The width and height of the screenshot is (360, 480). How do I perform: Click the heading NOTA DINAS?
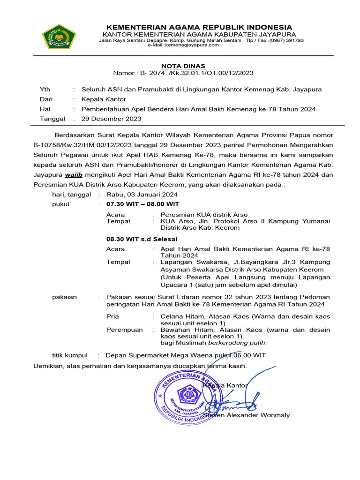coord(183,66)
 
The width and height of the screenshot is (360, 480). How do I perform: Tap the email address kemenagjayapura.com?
coord(186,45)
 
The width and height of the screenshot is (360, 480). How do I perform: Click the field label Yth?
coord(45,90)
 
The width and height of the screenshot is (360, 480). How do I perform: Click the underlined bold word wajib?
coord(73,175)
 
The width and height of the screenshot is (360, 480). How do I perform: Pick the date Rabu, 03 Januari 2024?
coord(142,195)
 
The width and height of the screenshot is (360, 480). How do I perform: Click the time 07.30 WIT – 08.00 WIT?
coord(143,204)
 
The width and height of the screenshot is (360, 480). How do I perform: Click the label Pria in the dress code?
coord(113,317)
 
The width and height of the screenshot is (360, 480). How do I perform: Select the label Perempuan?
coord(125,330)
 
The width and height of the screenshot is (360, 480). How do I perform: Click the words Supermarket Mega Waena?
coord(165,355)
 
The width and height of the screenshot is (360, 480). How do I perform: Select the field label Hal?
coord(45,109)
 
